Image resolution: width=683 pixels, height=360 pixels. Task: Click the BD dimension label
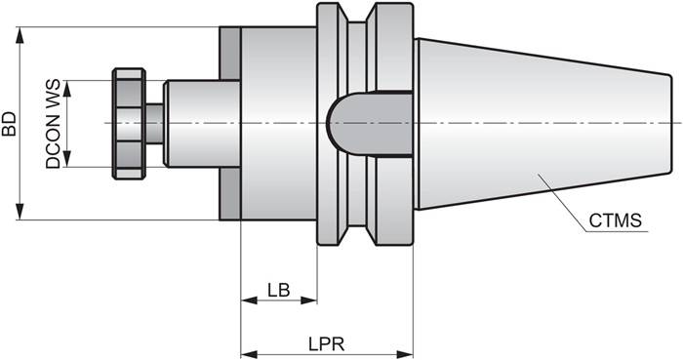(9, 123)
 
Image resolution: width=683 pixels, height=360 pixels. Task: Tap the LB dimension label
(278, 289)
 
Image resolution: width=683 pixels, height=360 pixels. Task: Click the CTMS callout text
(615, 220)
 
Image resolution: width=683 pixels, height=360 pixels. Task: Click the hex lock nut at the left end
(128, 123)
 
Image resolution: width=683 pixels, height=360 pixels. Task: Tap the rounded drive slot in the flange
(366, 123)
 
